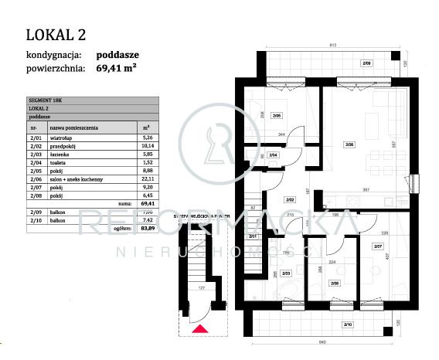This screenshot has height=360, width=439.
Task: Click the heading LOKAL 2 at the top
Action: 56,34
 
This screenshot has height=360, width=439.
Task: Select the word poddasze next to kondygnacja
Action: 119,55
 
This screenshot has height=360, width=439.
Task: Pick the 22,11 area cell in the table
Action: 146,177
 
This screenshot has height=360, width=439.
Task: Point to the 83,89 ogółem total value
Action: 146,229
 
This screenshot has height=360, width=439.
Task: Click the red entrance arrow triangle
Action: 199,330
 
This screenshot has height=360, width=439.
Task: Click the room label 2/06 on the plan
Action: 349,144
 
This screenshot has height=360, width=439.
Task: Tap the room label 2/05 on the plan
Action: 277,117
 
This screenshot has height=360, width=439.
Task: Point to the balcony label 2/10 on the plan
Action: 347,324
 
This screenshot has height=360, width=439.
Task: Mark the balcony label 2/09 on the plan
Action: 367,63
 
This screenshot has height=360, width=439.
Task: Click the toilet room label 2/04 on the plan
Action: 273,155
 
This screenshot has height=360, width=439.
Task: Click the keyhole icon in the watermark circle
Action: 218,144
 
